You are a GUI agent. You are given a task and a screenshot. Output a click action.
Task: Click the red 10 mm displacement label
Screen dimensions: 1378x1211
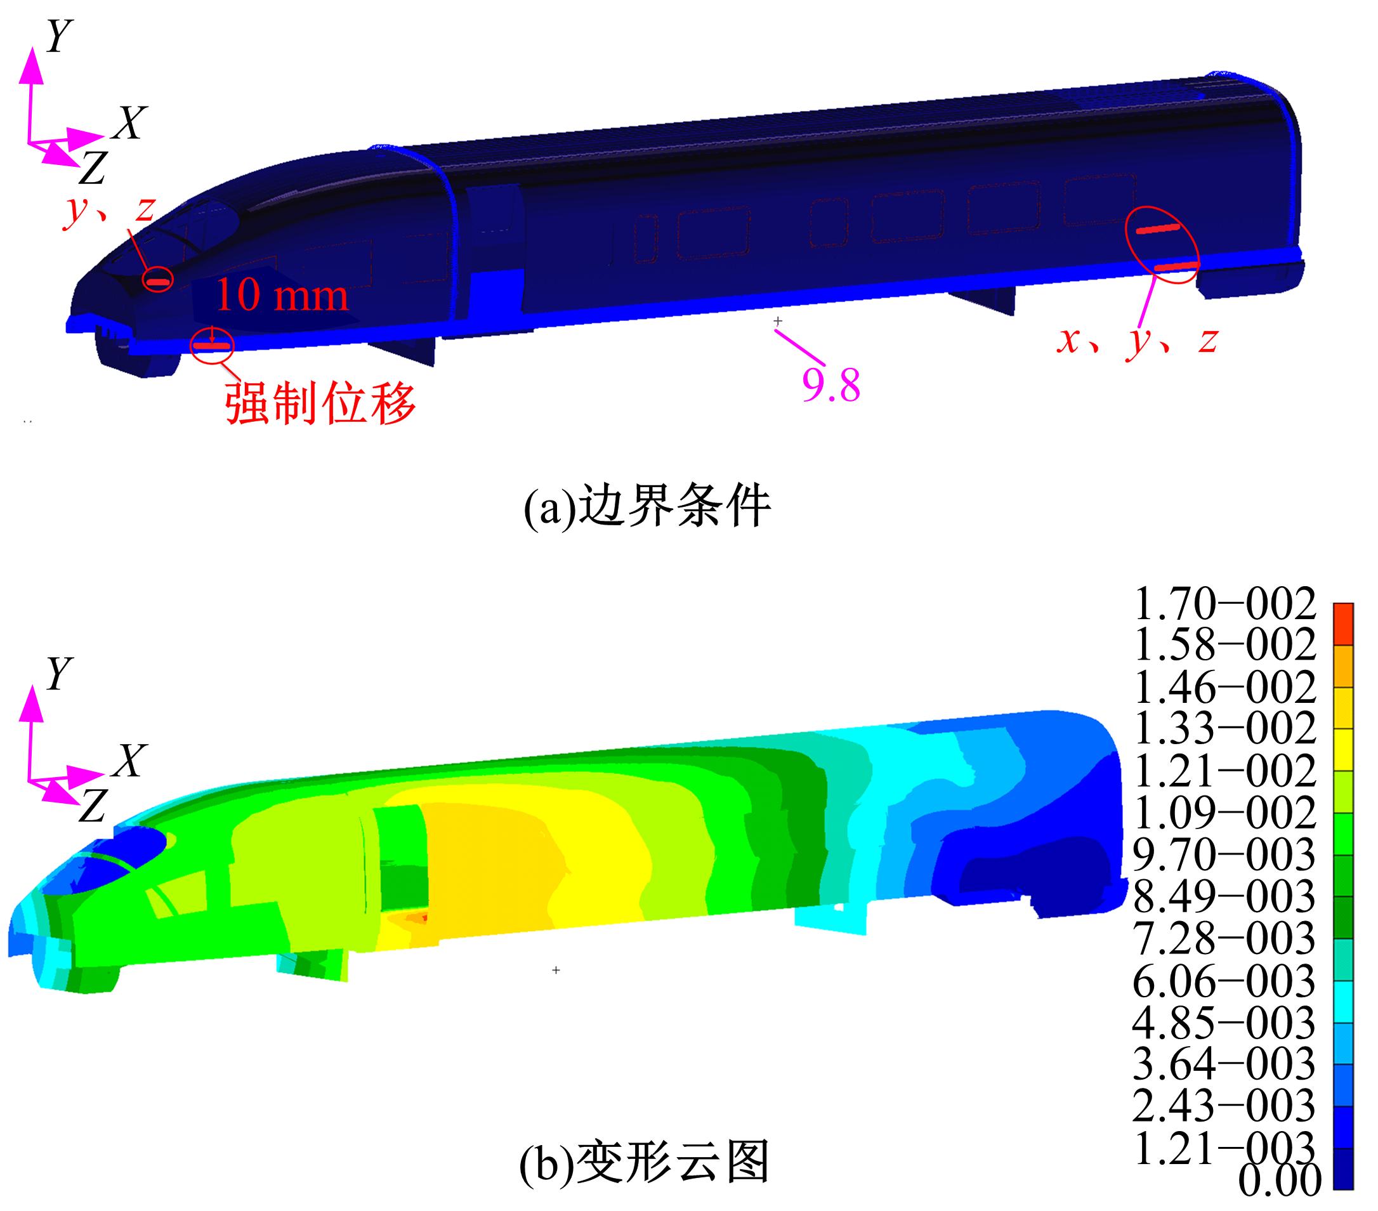(x=282, y=294)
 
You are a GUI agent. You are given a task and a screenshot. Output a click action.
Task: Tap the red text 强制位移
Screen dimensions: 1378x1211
(x=321, y=403)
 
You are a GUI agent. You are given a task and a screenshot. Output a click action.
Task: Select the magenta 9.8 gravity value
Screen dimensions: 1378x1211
(x=830, y=386)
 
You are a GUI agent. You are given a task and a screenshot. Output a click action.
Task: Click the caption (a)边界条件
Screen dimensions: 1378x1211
(x=647, y=507)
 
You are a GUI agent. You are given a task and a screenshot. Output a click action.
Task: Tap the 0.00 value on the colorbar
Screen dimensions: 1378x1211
(x=1280, y=1181)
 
